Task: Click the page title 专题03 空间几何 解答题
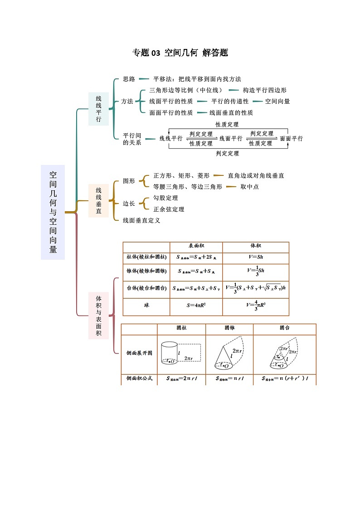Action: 180,53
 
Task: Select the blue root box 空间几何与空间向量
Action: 53,212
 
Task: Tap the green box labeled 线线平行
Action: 98,109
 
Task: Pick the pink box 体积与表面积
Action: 98,315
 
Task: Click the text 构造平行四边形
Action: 264,90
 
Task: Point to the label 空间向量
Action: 277,102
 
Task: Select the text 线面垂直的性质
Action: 231,113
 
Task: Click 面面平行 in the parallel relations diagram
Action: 291,139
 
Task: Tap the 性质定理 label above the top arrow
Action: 227,124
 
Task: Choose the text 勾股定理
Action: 165,198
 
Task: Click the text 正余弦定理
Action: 169,209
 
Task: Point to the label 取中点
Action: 249,187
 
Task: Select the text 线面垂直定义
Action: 141,221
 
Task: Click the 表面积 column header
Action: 196,245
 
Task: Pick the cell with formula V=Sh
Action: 256,257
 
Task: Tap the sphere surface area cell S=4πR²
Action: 196,305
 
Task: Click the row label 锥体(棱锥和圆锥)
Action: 146,271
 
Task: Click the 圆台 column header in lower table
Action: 285,328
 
